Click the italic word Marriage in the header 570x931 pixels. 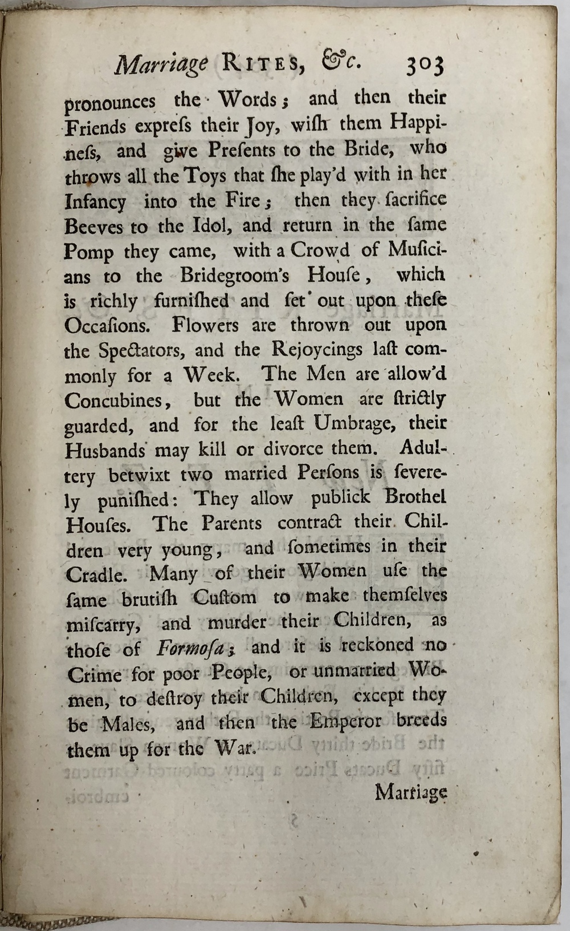pos(161,64)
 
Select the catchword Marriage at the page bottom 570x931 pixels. pos(410,792)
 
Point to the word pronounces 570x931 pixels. pos(109,102)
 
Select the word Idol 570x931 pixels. pos(209,225)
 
